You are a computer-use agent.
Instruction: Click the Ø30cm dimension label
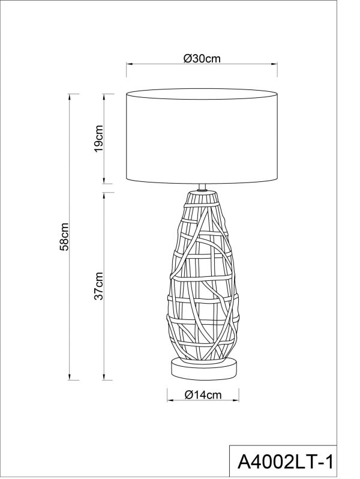pyautogui.click(x=202, y=58)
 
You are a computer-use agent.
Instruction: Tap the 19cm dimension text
pyautogui.click(x=99, y=139)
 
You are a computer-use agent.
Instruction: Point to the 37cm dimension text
pyautogui.click(x=99, y=286)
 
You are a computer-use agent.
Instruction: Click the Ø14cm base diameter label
pyautogui.click(x=202, y=394)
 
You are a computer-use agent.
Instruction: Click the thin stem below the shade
pyautogui.click(x=203, y=187)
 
